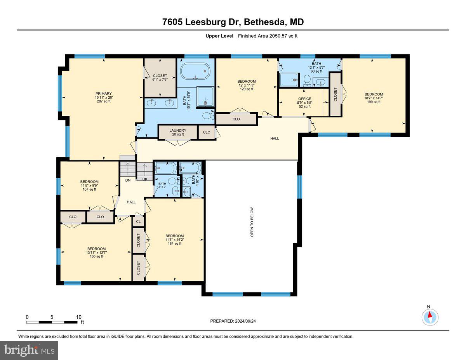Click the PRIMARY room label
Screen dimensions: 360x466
click(x=104, y=94)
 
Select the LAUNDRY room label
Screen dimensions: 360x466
click(x=177, y=130)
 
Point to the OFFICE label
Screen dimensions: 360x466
click(x=304, y=99)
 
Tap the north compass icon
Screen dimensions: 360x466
click(x=430, y=317)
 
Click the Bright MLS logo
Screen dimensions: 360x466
click(x=30, y=350)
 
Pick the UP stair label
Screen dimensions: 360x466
click(x=145, y=179)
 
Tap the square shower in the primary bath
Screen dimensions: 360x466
click(x=205, y=96)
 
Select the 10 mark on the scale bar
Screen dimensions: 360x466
click(x=79, y=317)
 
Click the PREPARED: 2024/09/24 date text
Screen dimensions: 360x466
click(x=233, y=321)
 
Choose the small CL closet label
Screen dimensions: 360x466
click(x=138, y=221)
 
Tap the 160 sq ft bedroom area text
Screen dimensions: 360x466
click(x=96, y=256)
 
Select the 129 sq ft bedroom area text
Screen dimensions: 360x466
click(x=247, y=89)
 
